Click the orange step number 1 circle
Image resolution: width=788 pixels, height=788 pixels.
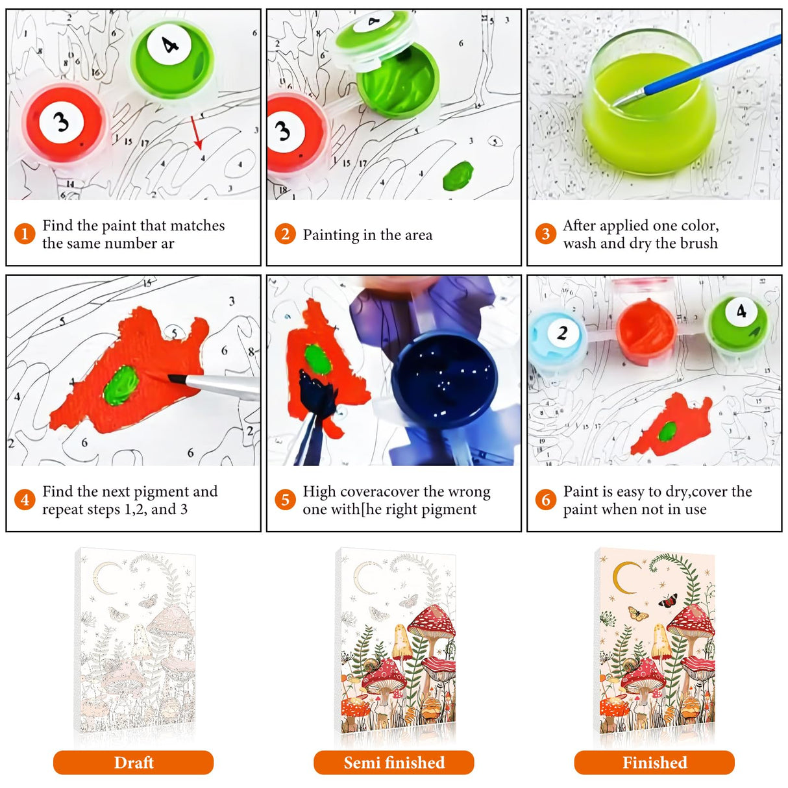tap(25, 234)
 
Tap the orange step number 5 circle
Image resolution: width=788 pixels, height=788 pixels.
tap(285, 500)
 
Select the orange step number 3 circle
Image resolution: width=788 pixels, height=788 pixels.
tap(545, 234)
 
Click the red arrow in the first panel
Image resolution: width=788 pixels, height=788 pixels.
tap(195, 132)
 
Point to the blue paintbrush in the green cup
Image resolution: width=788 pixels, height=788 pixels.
tap(695, 71)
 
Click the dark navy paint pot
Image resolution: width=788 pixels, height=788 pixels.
tap(444, 380)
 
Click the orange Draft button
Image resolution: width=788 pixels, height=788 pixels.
tap(133, 762)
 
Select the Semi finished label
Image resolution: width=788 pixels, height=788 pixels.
tap(394, 762)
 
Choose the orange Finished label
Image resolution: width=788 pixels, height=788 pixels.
tap(654, 762)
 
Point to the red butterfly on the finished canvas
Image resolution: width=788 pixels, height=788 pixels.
tap(668, 600)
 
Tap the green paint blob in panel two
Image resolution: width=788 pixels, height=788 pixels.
tap(458, 176)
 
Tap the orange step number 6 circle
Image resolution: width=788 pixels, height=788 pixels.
tap(545, 500)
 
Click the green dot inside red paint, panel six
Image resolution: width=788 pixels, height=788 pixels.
tap(667, 432)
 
